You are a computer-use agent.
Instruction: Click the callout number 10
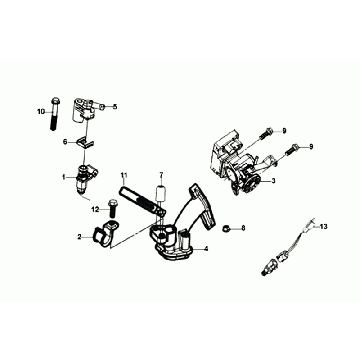pyautogui.click(x=41, y=112)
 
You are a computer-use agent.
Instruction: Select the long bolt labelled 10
pyautogui.click(x=55, y=114)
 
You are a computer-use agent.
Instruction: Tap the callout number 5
pyautogui.click(x=115, y=107)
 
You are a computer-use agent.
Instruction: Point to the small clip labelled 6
pyautogui.click(x=85, y=143)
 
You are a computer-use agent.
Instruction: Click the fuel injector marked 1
pyautogui.click(x=86, y=177)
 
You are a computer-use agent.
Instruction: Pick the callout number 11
pyautogui.click(x=124, y=175)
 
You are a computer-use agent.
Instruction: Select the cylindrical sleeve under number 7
pyautogui.click(x=161, y=193)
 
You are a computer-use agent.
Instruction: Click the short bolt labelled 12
pyautogui.click(x=112, y=209)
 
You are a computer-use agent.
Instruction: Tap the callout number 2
pyautogui.click(x=80, y=237)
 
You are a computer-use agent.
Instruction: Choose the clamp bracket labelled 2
pyautogui.click(x=104, y=234)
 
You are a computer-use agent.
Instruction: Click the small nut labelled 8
pyautogui.click(x=226, y=229)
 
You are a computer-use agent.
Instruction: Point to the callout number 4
pyautogui.click(x=206, y=249)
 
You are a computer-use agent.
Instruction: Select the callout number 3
pyautogui.click(x=273, y=181)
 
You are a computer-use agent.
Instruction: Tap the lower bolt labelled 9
pyautogui.click(x=292, y=149)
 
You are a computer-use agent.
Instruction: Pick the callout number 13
pyautogui.click(x=323, y=227)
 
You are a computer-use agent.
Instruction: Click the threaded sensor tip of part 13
pyautogui.click(x=265, y=271)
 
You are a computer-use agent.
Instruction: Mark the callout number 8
pyautogui.click(x=243, y=228)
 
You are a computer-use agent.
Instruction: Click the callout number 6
pyautogui.click(x=65, y=142)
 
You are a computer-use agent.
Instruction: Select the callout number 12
pyautogui.click(x=96, y=209)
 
